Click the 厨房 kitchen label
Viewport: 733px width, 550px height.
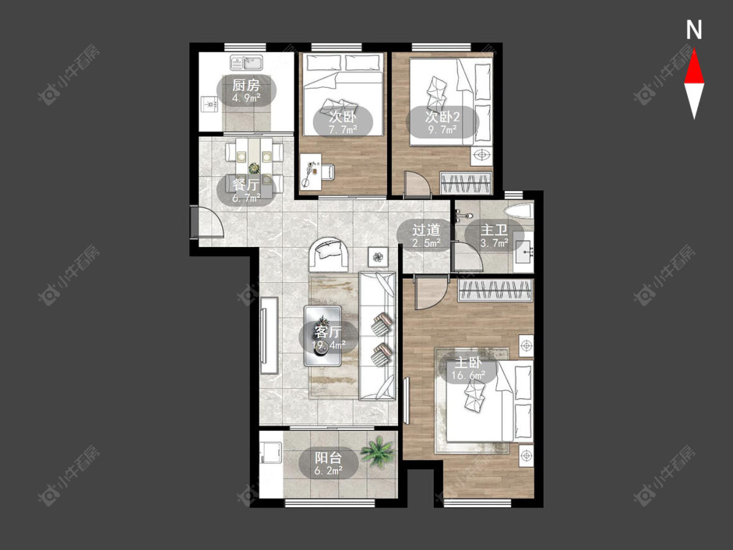[x=246, y=85]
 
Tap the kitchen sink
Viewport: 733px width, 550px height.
[x=246, y=62]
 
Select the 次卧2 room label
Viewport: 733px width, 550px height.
[x=442, y=117]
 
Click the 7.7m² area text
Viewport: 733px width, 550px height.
[x=343, y=130]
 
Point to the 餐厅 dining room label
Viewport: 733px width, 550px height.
[x=246, y=184]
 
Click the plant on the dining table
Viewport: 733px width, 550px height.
[x=254, y=168]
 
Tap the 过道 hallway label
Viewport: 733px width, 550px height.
[x=426, y=230]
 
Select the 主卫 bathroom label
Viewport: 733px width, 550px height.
[x=494, y=230]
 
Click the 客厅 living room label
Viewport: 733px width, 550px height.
[x=328, y=332]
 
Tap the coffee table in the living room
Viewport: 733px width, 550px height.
[x=323, y=336]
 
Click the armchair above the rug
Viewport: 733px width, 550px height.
[x=328, y=254]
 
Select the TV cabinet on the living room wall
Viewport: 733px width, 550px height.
[x=269, y=335]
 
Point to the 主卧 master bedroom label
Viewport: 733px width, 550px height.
[x=468, y=363]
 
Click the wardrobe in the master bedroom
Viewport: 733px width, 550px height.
[x=496, y=291]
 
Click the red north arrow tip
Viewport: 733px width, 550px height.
[x=694, y=51]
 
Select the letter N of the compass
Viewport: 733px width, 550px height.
[x=694, y=30]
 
